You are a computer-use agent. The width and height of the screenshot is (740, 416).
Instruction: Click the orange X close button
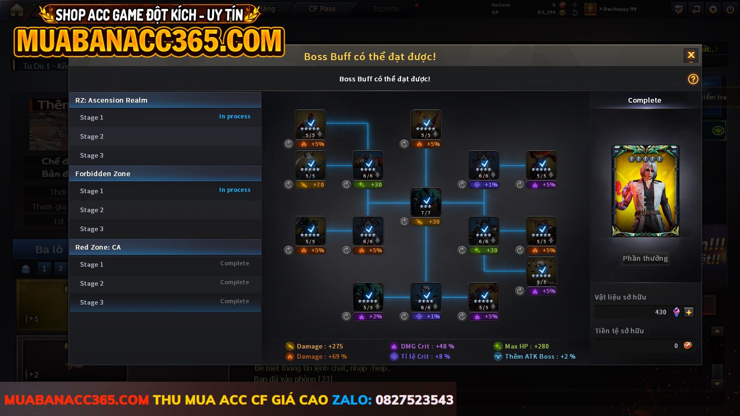click(691, 55)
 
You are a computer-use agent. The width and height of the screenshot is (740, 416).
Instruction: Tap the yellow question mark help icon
click(693, 79)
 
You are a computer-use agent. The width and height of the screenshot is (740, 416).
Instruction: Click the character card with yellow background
click(645, 191)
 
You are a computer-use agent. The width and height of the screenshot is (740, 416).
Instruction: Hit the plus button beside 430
click(689, 312)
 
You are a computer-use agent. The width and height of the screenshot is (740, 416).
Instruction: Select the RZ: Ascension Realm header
click(165, 100)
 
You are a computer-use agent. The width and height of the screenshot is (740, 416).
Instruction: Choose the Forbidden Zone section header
click(165, 174)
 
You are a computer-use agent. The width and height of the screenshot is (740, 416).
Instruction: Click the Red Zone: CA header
click(165, 247)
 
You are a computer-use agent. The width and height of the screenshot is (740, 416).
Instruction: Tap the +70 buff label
click(312, 185)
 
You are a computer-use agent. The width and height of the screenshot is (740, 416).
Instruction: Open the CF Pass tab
click(322, 9)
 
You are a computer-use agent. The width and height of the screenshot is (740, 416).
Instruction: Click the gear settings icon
click(713, 9)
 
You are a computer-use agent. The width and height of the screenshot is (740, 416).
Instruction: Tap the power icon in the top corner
click(730, 9)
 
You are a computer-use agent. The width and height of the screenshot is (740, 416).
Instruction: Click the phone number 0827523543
click(414, 400)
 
